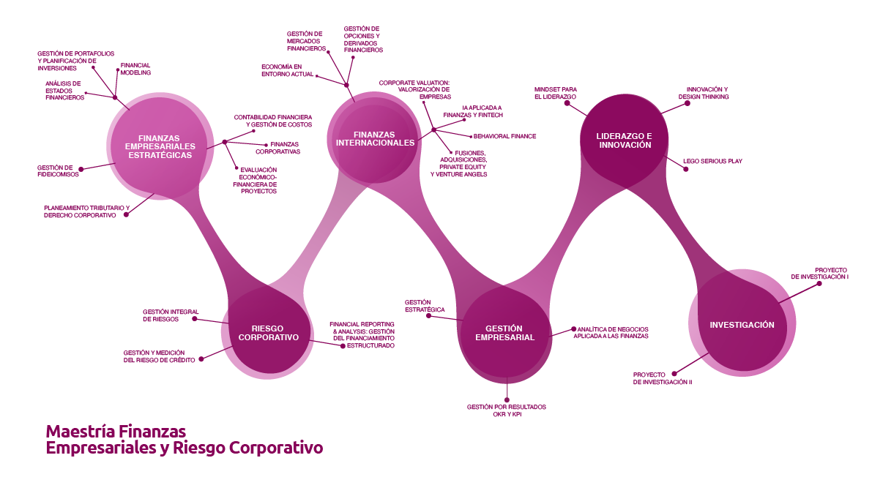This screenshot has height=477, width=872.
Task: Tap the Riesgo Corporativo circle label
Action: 269,333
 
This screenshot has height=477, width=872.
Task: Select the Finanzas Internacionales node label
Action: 375,138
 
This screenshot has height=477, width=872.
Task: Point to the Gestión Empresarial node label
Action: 504,333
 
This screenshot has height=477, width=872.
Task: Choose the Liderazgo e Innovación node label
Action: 624,140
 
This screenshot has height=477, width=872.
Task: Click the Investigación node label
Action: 742,324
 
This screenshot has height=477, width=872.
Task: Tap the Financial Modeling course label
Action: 135,69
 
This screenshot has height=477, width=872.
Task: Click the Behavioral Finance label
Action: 504,136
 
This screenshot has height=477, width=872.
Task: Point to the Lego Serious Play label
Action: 712,161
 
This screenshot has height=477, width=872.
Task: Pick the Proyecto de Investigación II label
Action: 663,378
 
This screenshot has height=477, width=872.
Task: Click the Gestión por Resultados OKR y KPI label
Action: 507,410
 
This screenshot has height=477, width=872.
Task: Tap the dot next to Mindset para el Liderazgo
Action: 567,103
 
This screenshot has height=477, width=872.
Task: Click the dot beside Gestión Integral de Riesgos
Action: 195,318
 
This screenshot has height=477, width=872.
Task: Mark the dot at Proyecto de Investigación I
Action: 819,283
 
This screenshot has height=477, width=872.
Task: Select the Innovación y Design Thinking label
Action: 703,93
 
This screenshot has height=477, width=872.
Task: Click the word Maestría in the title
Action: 79,431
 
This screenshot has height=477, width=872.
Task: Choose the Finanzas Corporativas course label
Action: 277,148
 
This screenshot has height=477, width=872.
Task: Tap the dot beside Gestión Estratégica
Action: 439,318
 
